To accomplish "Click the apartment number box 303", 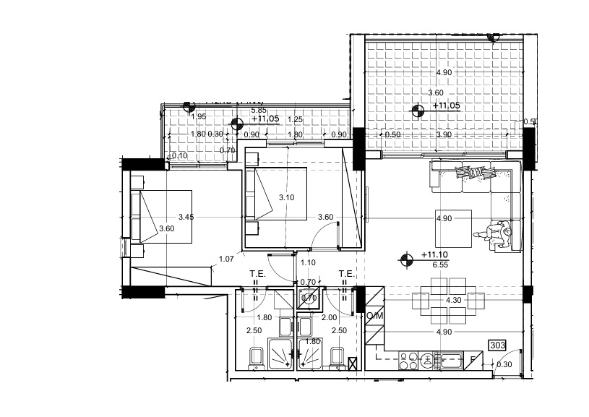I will tap(497, 345).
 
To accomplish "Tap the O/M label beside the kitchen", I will tap(374, 316).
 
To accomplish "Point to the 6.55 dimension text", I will tap(439, 265).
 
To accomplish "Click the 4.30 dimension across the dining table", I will tap(453, 300).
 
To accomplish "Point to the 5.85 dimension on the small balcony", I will tap(258, 111).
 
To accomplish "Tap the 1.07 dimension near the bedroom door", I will tap(225, 259).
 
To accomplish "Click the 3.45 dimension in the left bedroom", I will tap(186, 217).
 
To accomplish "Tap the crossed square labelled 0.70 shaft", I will tap(309, 297).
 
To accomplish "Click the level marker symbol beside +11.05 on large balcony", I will tap(418, 111).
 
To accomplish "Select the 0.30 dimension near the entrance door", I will tap(506, 364).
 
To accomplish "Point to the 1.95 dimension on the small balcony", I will tap(199, 116).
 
